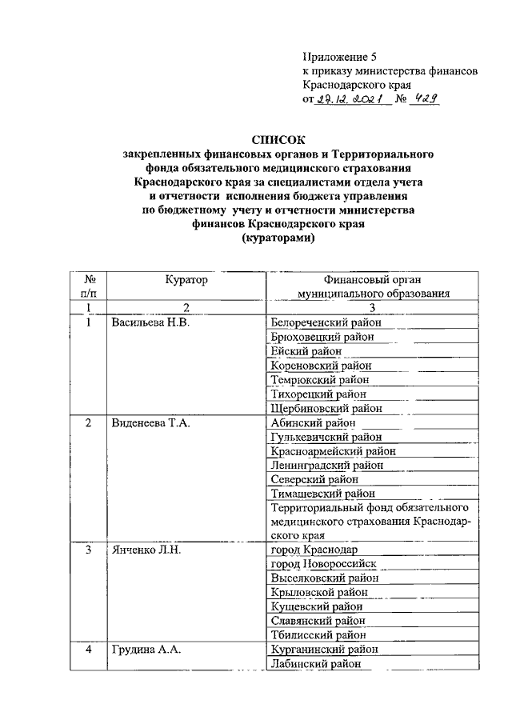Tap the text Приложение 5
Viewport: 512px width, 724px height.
click(339, 56)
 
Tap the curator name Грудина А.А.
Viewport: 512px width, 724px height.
click(145, 650)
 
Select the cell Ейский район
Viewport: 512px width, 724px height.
click(306, 351)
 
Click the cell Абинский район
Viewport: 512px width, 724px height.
click(313, 422)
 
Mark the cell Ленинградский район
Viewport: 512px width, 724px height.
click(327, 465)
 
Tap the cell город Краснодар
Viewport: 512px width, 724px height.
click(314, 550)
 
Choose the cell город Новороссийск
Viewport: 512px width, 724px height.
click(323, 564)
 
